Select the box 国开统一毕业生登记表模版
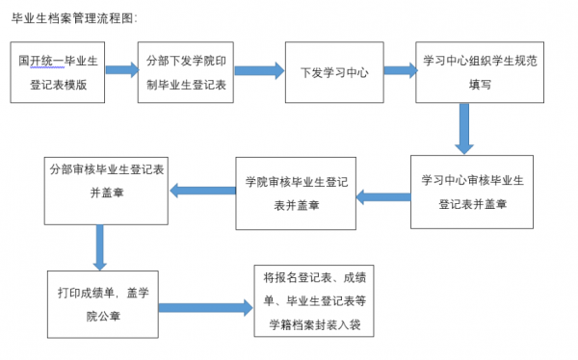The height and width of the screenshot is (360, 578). (60, 72)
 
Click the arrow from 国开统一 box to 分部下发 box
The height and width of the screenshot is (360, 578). (121, 69)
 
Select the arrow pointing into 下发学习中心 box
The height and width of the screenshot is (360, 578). (256, 69)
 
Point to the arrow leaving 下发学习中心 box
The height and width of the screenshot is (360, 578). (392, 69)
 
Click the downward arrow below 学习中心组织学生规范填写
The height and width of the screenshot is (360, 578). (464, 127)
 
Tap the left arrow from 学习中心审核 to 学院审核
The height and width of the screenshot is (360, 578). (382, 197)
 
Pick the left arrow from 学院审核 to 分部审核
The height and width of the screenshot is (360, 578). (201, 192)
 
